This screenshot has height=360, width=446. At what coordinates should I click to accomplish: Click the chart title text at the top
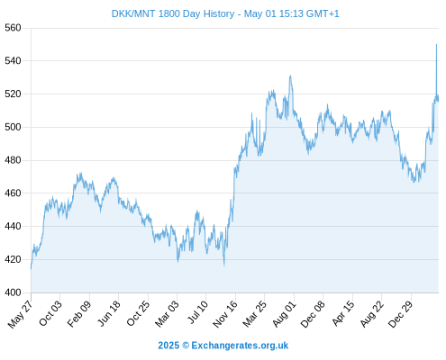coord(225,13)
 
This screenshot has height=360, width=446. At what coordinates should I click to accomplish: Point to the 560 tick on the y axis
coord(13,28)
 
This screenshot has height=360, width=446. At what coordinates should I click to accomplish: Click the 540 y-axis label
coord(13,61)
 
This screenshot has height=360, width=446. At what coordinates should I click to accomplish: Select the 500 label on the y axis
coord(13,127)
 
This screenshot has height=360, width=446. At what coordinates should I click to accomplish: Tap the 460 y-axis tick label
coord(13,193)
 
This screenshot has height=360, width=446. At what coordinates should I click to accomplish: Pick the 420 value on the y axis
coord(13,259)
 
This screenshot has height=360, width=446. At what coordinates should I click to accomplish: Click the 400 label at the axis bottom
coord(13,292)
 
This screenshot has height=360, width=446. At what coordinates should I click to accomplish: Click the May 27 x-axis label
coord(20,314)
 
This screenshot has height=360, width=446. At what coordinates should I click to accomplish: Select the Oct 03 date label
coord(50,312)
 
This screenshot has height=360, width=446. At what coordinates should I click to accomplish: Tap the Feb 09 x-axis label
coord(78,313)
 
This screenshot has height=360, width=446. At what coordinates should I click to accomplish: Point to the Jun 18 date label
coord(109,313)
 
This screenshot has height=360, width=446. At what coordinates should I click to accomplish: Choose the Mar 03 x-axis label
coord(167,313)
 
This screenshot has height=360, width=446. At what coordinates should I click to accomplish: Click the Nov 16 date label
coord(225,314)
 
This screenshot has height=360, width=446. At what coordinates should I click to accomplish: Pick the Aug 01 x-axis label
coord(284,313)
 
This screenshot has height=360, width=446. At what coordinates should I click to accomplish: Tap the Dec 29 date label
coord(400,314)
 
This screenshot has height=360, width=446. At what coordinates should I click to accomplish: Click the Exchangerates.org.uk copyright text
coord(223,346)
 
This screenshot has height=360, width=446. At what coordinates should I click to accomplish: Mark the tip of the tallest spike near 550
coord(436,44)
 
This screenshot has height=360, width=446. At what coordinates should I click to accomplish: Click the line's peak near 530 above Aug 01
coord(290,76)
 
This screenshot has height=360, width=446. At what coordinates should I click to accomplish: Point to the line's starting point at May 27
coord(31,268)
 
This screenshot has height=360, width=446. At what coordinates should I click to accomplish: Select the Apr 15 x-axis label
coord(343,313)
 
